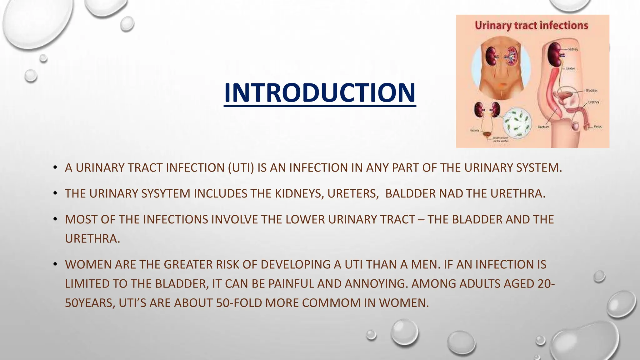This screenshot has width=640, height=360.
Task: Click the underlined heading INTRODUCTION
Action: tap(320, 93)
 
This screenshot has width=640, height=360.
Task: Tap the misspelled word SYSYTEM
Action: tap(166, 194)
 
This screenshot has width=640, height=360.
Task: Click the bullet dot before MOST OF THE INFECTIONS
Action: tap(55, 219)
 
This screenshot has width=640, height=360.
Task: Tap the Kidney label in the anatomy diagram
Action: tap(573, 49)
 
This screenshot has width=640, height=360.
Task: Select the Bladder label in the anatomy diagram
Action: tap(592, 91)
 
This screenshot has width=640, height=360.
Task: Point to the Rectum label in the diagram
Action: tap(543, 127)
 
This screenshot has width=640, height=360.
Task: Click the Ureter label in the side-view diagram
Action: tap(570, 68)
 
